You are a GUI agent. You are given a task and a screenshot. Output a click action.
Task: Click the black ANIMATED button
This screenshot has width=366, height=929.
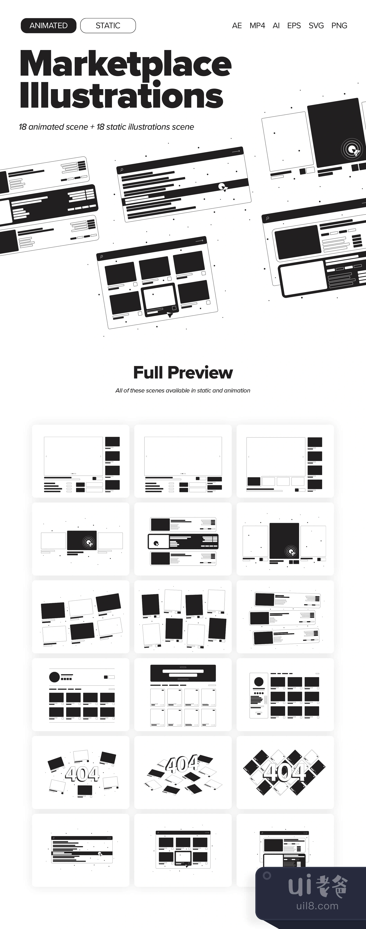(48, 26)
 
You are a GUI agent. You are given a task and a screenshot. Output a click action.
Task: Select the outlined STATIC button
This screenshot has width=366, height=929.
(108, 26)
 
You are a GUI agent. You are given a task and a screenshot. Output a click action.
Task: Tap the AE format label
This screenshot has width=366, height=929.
(237, 26)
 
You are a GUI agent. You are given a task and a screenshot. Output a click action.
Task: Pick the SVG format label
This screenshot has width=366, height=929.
(316, 26)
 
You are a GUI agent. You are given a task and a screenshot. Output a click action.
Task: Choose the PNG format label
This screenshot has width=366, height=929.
(339, 26)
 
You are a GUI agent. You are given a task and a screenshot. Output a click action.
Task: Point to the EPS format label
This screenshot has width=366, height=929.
(294, 26)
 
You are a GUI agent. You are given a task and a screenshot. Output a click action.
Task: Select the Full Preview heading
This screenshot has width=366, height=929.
(183, 373)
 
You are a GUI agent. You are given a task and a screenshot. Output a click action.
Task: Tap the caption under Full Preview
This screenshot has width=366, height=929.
(183, 391)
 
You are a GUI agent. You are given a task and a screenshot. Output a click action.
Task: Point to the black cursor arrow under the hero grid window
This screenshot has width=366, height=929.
(170, 315)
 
